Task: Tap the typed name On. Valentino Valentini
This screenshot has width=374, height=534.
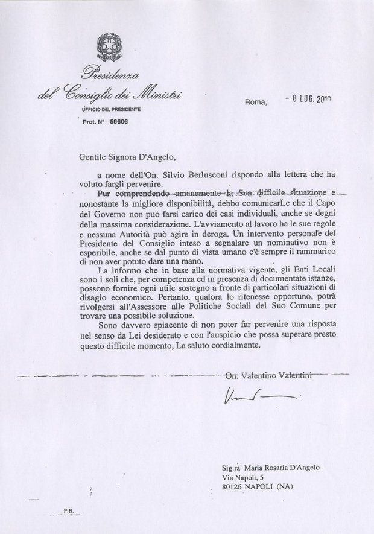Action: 268,377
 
